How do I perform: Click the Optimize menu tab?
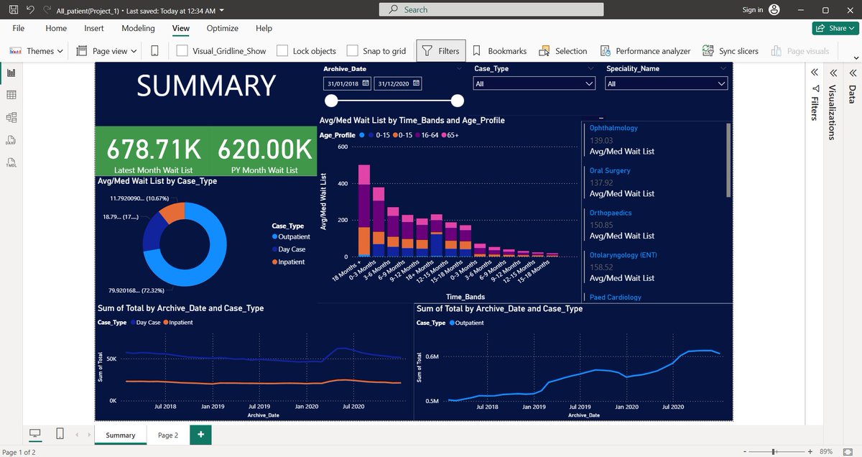[x=222, y=28]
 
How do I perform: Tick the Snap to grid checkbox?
[x=352, y=51]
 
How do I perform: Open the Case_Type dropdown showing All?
[x=534, y=84]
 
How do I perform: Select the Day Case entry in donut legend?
[x=292, y=249]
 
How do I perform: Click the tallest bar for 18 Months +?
[x=364, y=208]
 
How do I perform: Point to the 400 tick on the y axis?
[x=343, y=184]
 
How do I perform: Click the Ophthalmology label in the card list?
[x=613, y=128]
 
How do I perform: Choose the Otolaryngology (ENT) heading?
[x=623, y=255]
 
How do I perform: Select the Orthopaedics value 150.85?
[x=601, y=225]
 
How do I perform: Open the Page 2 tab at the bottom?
[x=167, y=435]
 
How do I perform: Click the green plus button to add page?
[x=200, y=435]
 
